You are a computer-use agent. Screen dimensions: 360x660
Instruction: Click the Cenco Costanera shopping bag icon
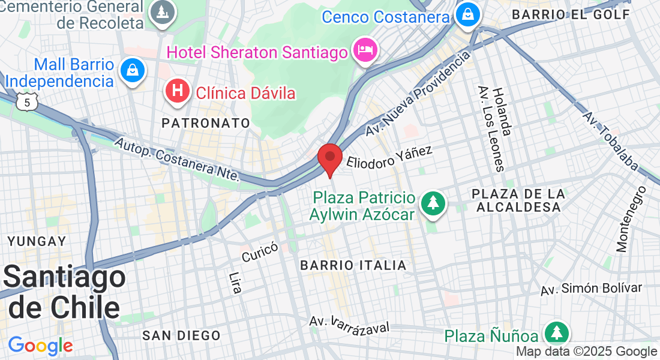[x=466, y=15]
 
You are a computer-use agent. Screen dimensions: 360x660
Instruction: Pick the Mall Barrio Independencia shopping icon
[x=132, y=70]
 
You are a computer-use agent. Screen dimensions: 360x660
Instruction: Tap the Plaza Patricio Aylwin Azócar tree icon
[x=432, y=202]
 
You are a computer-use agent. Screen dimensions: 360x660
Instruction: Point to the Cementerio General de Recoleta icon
[x=161, y=13]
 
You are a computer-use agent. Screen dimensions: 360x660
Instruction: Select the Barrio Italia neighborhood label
[x=353, y=265]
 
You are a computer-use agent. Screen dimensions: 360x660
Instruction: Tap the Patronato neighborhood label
[x=206, y=123]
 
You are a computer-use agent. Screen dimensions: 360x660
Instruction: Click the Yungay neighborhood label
[x=37, y=241]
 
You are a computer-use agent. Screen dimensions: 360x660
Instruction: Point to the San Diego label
[x=181, y=335]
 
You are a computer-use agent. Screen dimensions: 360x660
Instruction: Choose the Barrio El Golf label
[x=571, y=14]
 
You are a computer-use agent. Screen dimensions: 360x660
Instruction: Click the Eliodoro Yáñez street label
[x=390, y=157]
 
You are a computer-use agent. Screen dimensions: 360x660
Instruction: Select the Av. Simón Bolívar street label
[x=591, y=289]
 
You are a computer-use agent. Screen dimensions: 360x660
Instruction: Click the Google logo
[x=40, y=346]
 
